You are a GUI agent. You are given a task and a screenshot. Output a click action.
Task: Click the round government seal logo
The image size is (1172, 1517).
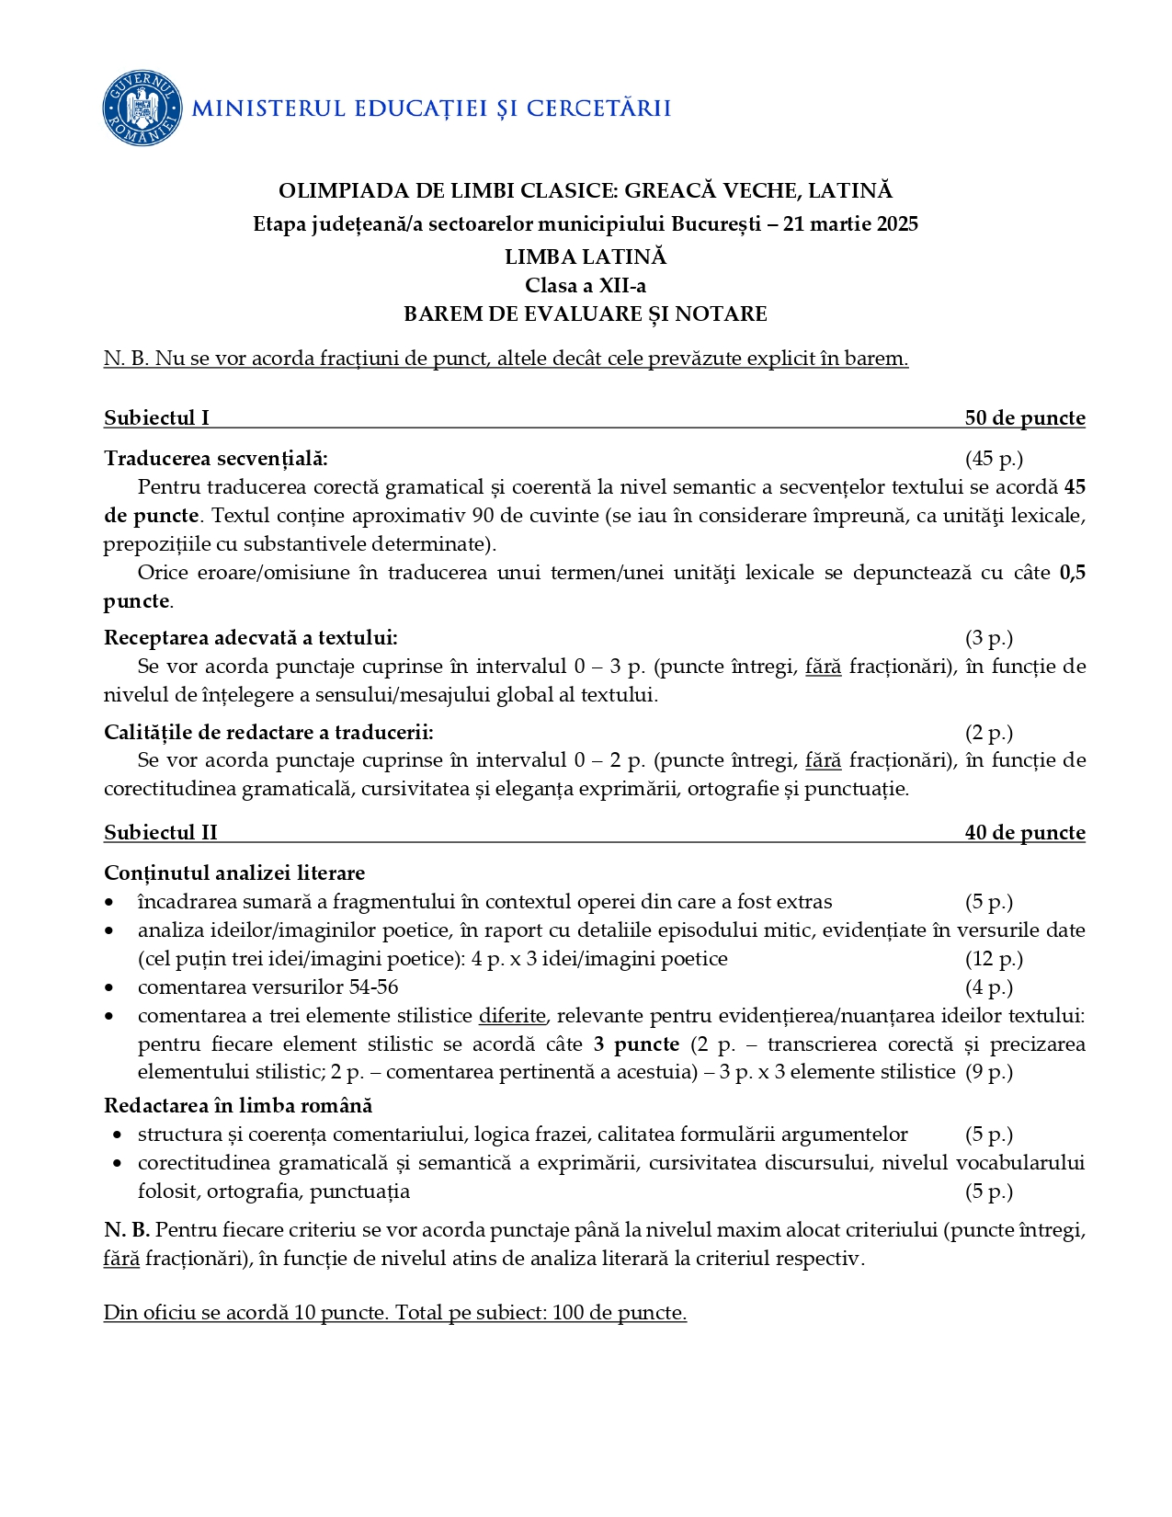pyautogui.click(x=142, y=108)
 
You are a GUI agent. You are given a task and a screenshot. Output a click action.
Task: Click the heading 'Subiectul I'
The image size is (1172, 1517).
pyautogui.click(x=156, y=418)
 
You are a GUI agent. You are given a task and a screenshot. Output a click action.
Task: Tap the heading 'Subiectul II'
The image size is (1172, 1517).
pyautogui.click(x=161, y=833)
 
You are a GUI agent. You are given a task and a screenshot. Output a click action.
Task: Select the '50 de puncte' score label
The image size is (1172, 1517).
pyautogui.click(x=1024, y=418)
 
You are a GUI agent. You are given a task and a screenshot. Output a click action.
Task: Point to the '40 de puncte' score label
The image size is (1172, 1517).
pyautogui.click(x=1024, y=833)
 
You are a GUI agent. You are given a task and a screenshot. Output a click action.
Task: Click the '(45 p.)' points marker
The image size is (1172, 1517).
pyautogui.click(x=993, y=459)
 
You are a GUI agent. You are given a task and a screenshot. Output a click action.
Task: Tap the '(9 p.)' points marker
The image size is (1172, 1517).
pyautogui.click(x=988, y=1072)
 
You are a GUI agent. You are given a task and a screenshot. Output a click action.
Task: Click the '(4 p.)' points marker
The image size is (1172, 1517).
pyautogui.click(x=988, y=987)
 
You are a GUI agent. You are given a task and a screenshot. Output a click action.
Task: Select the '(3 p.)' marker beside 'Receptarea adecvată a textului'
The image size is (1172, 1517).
pyautogui.click(x=988, y=638)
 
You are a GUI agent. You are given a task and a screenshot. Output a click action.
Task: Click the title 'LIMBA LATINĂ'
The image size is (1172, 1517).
pyautogui.click(x=586, y=257)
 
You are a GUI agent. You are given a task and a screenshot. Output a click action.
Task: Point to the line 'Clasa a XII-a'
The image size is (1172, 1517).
pyautogui.click(x=586, y=286)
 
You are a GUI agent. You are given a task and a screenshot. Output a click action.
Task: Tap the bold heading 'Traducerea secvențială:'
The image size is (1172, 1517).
pyautogui.click(x=215, y=459)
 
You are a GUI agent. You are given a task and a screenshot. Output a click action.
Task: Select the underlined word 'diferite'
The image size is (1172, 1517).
pyautogui.click(x=512, y=1016)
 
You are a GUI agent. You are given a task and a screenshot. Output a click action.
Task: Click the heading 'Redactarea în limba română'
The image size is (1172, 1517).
pyautogui.click(x=238, y=1105)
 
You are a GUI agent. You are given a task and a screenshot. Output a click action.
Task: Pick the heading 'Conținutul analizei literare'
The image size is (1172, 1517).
pyautogui.click(x=234, y=873)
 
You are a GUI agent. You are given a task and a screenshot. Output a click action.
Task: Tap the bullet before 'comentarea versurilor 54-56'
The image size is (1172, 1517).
pyautogui.click(x=110, y=988)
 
